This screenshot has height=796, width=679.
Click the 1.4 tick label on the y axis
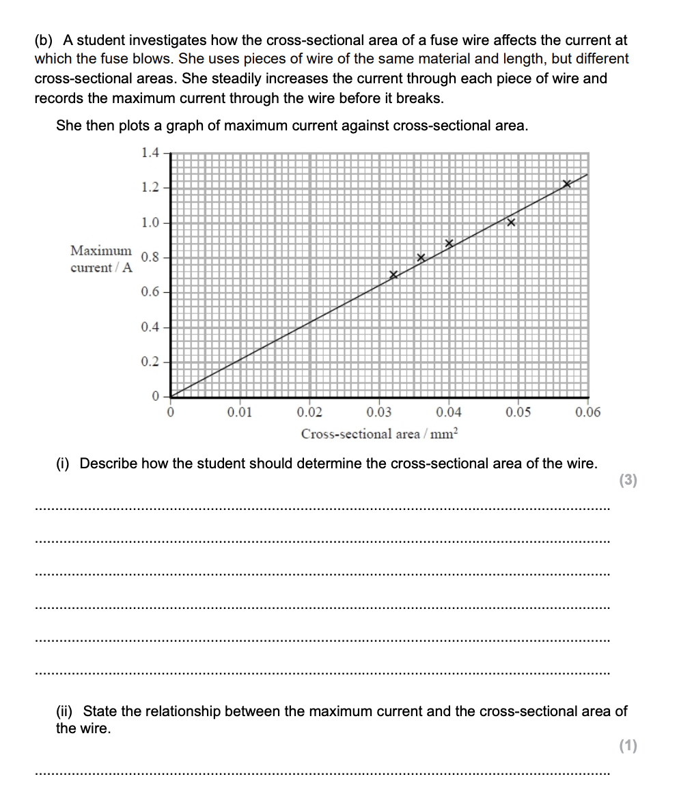pyautogui.click(x=150, y=152)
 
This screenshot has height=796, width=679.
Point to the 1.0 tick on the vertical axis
pyautogui.click(x=150, y=223)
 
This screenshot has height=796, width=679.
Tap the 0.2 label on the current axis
pyautogui.click(x=150, y=362)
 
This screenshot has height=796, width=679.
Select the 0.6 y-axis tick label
pyautogui.click(x=150, y=292)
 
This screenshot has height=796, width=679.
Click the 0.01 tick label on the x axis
pyautogui.click(x=240, y=412)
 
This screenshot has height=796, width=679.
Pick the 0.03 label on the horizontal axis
pyautogui.click(x=379, y=412)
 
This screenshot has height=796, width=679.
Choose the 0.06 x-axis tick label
pyautogui.click(x=588, y=412)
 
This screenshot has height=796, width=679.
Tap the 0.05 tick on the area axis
pyautogui.click(x=518, y=412)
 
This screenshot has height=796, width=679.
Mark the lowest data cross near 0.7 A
pyautogui.click(x=393, y=275)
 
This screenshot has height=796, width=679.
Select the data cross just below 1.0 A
pyautogui.click(x=510, y=223)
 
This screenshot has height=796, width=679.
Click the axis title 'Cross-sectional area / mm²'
pyautogui.click(x=381, y=433)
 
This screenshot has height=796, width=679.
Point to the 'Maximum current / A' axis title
pyautogui.click(x=101, y=259)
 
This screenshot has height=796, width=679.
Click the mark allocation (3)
pyautogui.click(x=628, y=481)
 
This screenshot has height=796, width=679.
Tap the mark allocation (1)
pyautogui.click(x=628, y=745)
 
